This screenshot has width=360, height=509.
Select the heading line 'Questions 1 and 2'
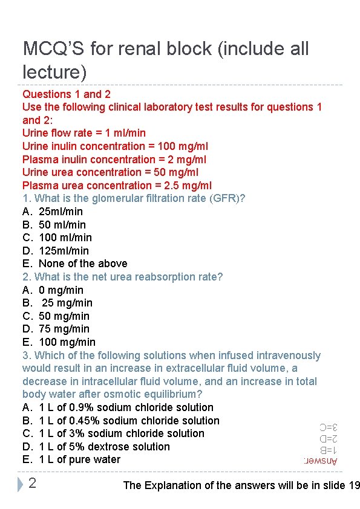[67, 94]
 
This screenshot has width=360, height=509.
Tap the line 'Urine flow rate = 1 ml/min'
[84, 133]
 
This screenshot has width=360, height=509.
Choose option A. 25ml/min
[53, 212]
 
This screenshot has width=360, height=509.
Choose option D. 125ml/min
[56, 250]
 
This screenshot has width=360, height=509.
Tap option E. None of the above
[75, 264]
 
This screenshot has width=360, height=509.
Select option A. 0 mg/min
[53, 290]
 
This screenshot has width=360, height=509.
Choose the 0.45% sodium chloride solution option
[121, 421]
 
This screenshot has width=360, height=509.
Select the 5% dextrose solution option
[96, 447]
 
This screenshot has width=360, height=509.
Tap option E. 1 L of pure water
[71, 459]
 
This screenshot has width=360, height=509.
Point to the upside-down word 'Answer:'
[321, 461]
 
